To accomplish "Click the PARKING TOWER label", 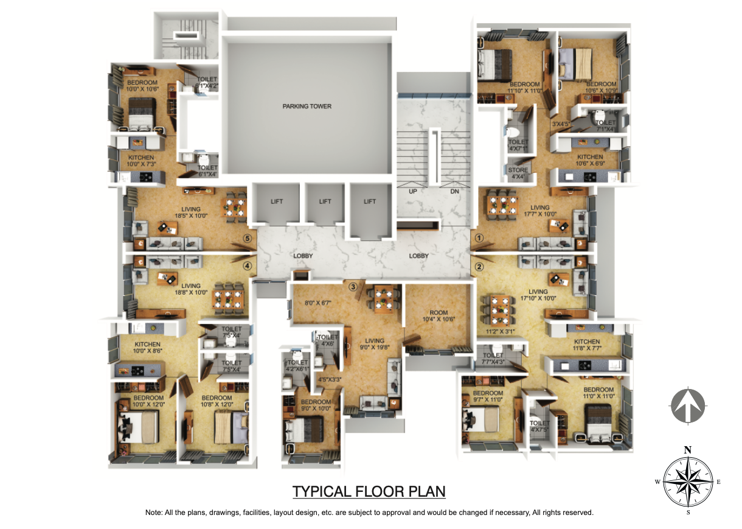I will (307, 107).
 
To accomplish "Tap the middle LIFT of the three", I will (325, 201).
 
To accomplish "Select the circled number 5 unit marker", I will (247, 239).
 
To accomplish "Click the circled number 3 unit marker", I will (352, 286).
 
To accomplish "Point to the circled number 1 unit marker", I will (479, 239).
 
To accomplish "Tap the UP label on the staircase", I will (412, 191).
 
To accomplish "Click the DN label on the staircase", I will (454, 191).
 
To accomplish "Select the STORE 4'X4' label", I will (518, 173).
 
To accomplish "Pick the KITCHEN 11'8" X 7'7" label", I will (587, 345).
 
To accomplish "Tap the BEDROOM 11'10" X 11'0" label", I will (525, 88).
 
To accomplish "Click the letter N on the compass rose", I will (687, 450).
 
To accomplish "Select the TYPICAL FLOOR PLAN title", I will (369, 491).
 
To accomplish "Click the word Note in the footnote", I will (153, 513).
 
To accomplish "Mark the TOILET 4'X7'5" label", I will (539, 426).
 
